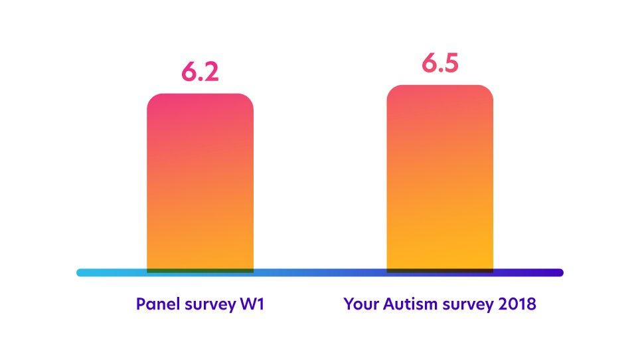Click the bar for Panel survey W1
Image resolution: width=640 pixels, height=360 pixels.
click(200, 183)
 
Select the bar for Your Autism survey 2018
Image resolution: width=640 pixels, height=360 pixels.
click(440, 179)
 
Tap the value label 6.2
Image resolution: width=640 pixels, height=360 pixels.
click(200, 72)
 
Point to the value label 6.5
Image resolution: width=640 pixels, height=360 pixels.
click(440, 63)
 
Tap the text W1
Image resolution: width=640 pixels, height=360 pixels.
click(252, 304)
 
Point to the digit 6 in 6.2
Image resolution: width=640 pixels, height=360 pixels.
click(189, 72)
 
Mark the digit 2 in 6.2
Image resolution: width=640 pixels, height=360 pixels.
click(211, 72)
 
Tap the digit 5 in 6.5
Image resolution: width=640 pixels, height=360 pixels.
click(451, 64)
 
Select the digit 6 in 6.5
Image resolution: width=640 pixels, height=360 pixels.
click(430, 63)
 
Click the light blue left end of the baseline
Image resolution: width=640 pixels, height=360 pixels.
click(80, 272)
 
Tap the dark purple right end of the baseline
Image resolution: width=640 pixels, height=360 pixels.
click(560, 272)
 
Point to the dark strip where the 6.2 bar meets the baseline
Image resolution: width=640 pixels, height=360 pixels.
click(200, 271)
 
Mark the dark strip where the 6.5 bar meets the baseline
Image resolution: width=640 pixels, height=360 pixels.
click(440, 271)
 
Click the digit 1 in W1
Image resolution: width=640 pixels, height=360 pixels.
click(261, 304)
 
